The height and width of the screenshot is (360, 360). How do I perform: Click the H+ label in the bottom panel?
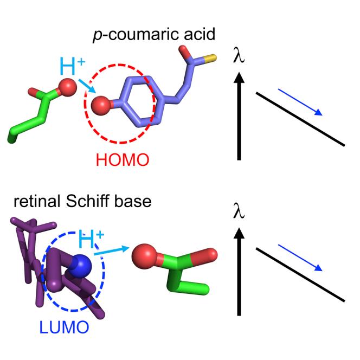pos(92,239)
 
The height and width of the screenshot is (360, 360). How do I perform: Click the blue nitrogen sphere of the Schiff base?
pos(81,265)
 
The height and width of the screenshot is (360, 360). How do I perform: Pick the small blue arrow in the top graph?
pos(301,103)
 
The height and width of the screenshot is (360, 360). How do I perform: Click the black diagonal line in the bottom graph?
pos(300,275)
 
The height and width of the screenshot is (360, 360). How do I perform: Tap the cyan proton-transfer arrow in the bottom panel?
pos(112,250)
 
